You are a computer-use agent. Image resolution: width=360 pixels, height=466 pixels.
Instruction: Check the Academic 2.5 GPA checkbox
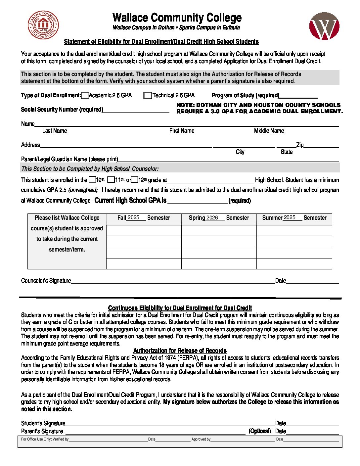pyautogui.click(x=85, y=96)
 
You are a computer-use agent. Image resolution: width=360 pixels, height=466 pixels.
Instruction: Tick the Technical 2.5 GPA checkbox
pyautogui.click(x=148, y=96)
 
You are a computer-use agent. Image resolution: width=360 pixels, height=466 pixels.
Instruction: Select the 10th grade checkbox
pyautogui.click(x=92, y=180)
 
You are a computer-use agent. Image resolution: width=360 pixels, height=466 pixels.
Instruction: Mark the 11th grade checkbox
pyautogui.click(x=111, y=180)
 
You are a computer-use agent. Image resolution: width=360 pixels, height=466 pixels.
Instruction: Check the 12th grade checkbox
pyautogui.click(x=134, y=180)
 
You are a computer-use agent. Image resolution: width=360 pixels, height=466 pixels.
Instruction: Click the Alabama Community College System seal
pyautogui.click(x=43, y=25)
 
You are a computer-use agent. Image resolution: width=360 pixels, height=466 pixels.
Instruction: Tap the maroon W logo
pyautogui.click(x=324, y=26)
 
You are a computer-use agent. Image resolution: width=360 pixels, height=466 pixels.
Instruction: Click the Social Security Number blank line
pyautogui.click(x=136, y=110)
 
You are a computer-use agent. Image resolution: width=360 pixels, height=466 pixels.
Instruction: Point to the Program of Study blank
pyautogui.click(x=298, y=96)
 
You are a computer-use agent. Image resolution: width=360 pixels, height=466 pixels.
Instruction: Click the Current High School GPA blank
pyautogui.click(x=197, y=201)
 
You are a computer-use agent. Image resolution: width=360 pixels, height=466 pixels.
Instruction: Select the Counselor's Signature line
pyautogui.click(x=173, y=281)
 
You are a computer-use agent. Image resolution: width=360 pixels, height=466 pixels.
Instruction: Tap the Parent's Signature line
pyautogui.click(x=156, y=432)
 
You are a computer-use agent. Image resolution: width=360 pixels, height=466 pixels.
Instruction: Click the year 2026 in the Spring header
pyautogui.click(x=212, y=218)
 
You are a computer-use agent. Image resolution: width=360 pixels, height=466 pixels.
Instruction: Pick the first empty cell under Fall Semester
pyautogui.click(x=144, y=230)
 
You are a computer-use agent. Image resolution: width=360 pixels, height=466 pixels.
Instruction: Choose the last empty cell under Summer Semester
pyautogui.click(x=294, y=263)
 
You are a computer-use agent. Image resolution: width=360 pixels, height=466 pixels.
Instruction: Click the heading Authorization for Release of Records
pyautogui.click(x=180, y=350)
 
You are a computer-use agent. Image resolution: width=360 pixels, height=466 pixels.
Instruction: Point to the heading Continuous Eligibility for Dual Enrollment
pyautogui.click(x=180, y=308)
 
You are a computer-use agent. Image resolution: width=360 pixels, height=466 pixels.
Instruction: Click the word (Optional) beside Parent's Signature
pyautogui.click(x=260, y=431)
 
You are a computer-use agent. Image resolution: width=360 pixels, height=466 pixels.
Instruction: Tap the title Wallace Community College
pyautogui.click(x=177, y=18)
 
